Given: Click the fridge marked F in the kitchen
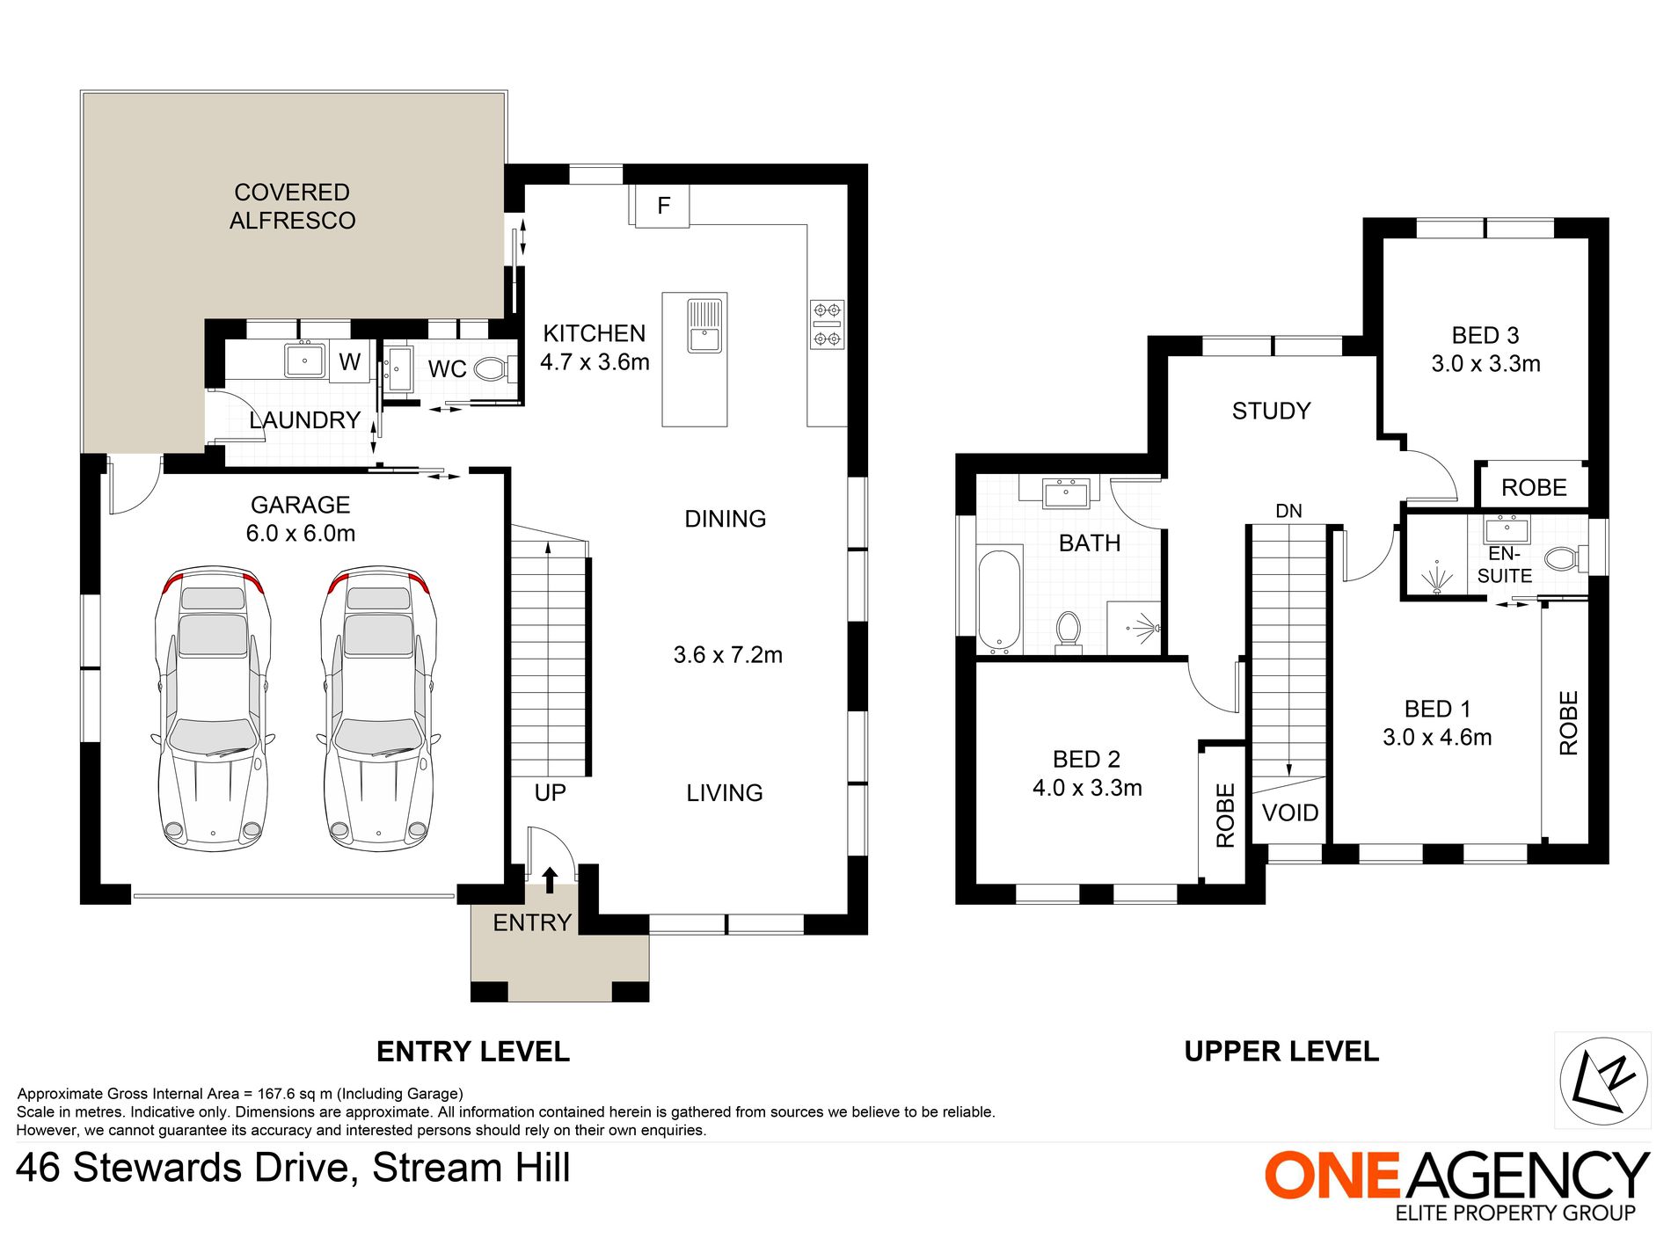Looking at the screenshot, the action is [662, 206].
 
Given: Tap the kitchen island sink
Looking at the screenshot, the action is [704, 326].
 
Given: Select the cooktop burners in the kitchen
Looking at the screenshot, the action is [827, 324].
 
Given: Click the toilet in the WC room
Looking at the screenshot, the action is [495, 368].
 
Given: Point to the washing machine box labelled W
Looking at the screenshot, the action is [349, 361].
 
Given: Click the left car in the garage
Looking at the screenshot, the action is [212, 708].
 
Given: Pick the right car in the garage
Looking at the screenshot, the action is [378, 708].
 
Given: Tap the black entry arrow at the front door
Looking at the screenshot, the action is [550, 879].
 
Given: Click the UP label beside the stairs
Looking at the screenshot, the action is [551, 793].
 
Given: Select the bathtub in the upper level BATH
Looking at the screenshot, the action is [999, 600].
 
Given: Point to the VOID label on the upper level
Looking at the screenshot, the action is [1290, 812].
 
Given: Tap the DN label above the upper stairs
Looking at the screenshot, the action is [1288, 511].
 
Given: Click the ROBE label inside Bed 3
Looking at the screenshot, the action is [1534, 488].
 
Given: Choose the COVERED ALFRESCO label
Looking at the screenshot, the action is [293, 207].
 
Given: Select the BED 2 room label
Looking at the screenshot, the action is [1087, 759].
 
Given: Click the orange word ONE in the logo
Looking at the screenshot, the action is [1332, 1175].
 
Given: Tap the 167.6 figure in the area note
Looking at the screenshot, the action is [278, 1094].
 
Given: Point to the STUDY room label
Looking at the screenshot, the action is [1272, 411].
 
